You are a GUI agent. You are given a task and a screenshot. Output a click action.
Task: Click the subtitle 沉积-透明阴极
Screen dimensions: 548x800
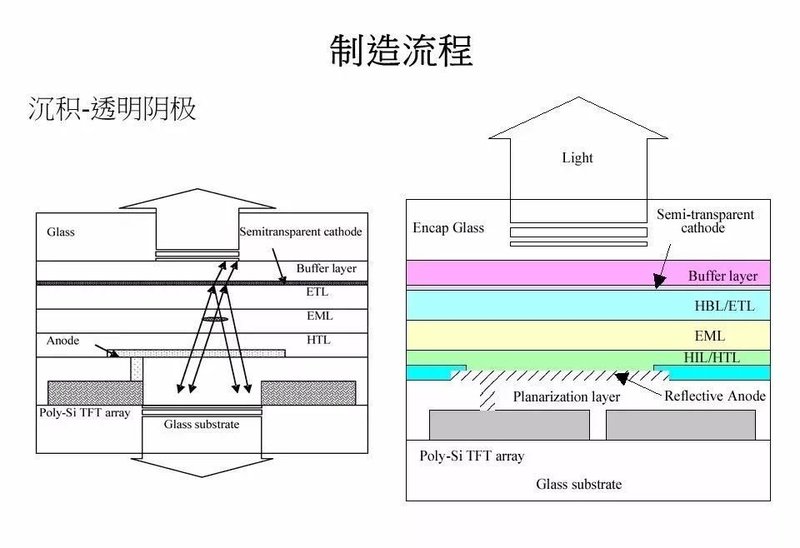(x=111, y=108)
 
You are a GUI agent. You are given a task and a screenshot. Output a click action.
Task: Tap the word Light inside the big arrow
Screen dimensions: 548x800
(x=577, y=158)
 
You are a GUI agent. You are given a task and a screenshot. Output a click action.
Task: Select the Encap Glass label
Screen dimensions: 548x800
(x=448, y=228)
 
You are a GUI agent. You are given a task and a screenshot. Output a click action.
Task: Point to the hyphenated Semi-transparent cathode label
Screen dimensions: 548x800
(x=705, y=221)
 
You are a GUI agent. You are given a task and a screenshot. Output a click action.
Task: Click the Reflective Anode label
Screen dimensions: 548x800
(x=715, y=396)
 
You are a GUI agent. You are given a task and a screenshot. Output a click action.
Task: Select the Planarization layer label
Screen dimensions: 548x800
(x=566, y=397)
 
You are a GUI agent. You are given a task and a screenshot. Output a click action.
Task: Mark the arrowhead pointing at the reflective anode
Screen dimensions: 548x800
(x=621, y=378)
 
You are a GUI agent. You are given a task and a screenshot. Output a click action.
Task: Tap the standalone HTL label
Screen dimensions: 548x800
(x=318, y=340)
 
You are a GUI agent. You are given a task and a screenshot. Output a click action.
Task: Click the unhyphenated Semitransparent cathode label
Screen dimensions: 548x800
(x=300, y=232)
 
